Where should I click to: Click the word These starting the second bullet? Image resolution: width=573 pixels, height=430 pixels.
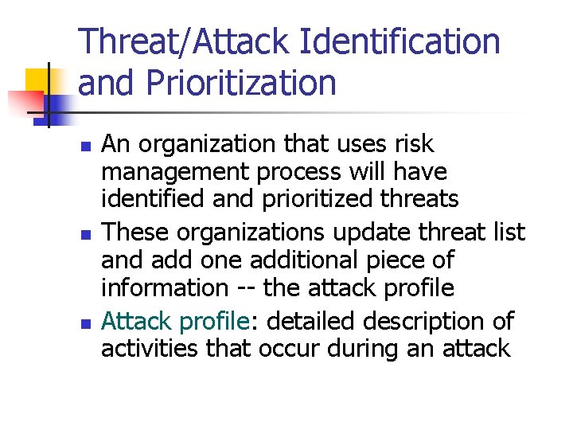(x=138, y=232)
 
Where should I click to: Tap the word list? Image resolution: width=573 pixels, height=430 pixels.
(x=507, y=232)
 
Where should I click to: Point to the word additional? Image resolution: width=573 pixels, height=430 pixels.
(x=302, y=260)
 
